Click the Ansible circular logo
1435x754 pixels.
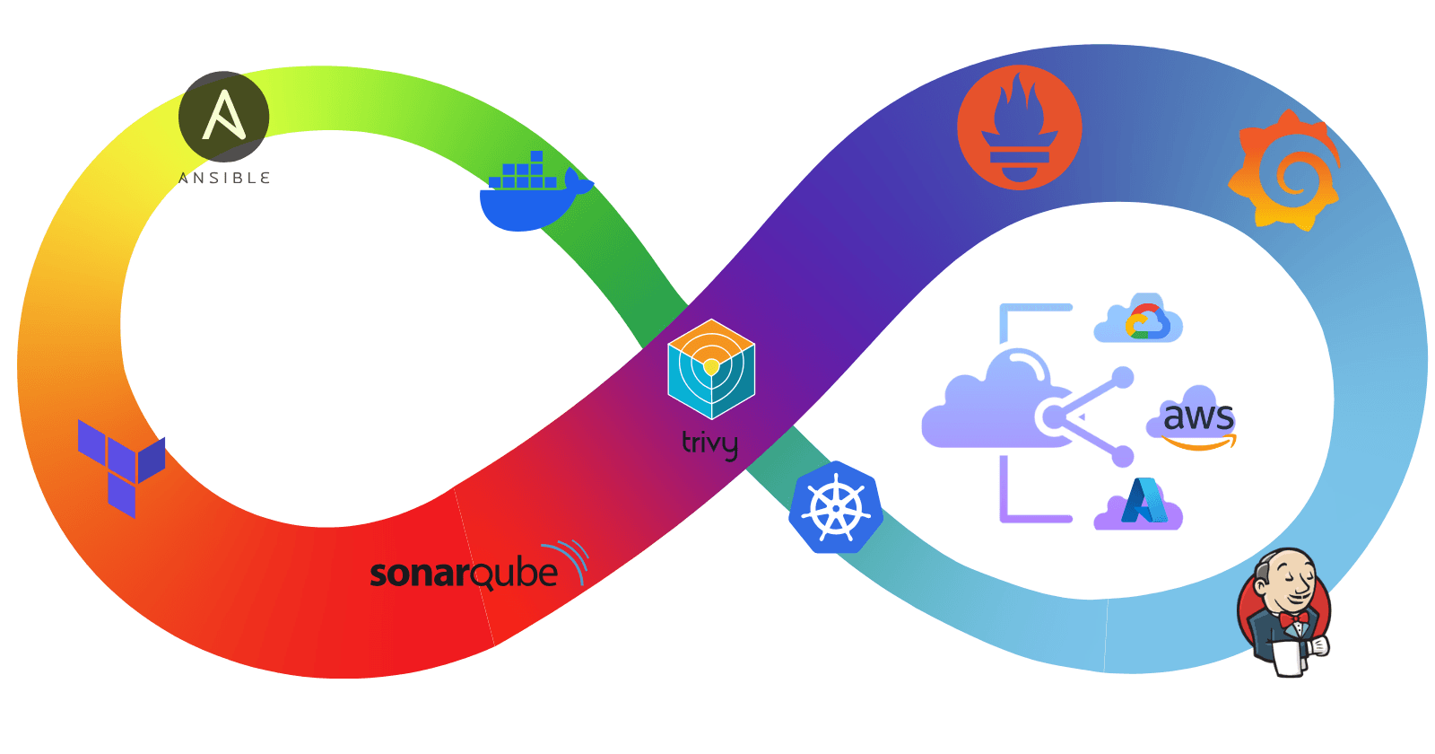click(224, 117)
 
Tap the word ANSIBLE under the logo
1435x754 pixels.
click(224, 178)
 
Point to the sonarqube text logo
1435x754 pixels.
click(464, 573)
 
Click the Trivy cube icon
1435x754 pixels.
click(711, 369)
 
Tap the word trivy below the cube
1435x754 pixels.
click(709, 443)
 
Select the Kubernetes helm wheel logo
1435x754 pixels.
click(836, 508)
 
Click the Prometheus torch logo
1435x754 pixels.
click(1019, 127)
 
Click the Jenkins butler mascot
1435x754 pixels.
click(1284, 610)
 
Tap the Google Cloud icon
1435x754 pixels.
click(1139, 320)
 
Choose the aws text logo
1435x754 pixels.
click(1198, 416)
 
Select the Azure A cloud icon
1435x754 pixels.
click(1139, 504)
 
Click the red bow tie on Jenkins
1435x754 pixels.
click(1292, 620)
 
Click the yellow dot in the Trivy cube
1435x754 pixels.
click(711, 367)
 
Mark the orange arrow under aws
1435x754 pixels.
click(1199, 443)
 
